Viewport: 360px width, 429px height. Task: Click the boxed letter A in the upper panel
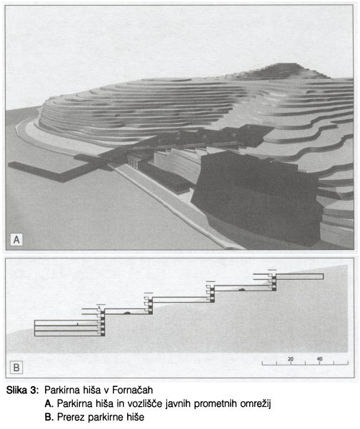tap(16, 240)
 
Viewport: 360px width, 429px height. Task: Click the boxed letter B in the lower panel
tap(16, 367)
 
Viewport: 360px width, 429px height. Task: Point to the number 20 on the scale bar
tap(291, 358)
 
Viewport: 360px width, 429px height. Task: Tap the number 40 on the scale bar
tap(319, 358)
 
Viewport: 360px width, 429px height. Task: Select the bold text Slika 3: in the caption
tap(21, 390)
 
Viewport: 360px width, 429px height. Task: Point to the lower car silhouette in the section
tap(126, 313)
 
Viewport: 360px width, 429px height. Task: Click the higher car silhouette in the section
tap(241, 289)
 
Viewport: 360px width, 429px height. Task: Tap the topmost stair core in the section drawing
tap(272, 281)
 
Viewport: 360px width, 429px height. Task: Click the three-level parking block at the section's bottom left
tap(69, 328)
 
